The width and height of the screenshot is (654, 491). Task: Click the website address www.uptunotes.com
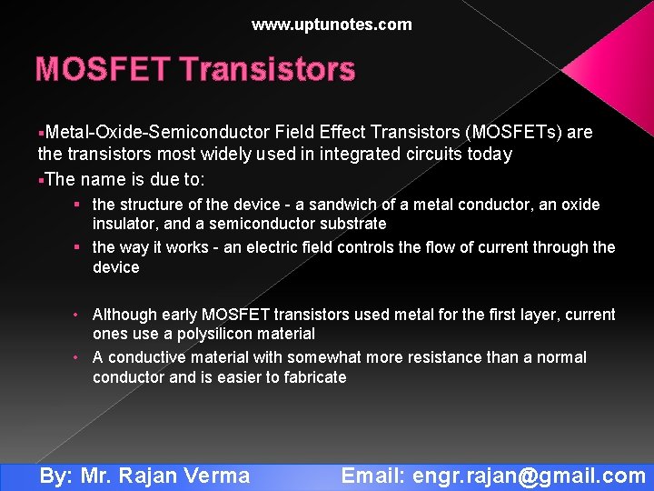[x=332, y=25]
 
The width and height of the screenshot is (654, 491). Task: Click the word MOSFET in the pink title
[x=101, y=69]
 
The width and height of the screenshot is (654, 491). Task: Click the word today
[x=490, y=155]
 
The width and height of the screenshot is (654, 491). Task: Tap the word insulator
[x=124, y=224]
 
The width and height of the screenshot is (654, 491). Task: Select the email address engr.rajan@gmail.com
[x=529, y=476]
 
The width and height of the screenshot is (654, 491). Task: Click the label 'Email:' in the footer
[x=373, y=476]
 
